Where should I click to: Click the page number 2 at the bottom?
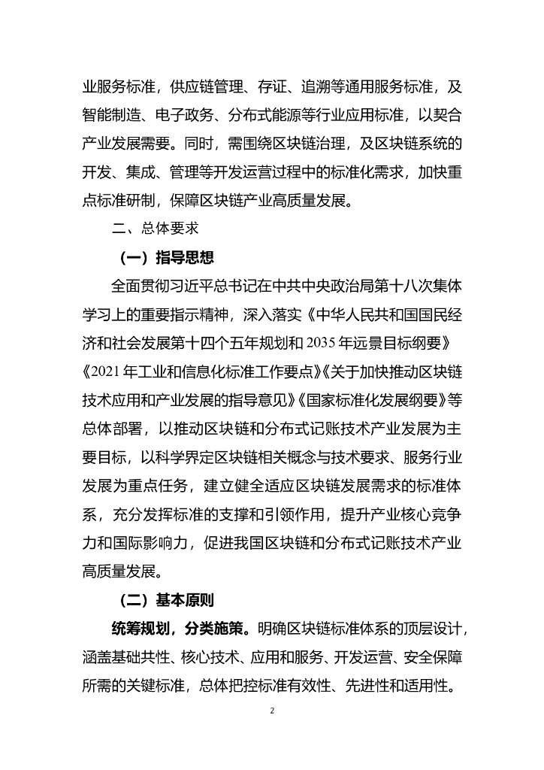point(272,710)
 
